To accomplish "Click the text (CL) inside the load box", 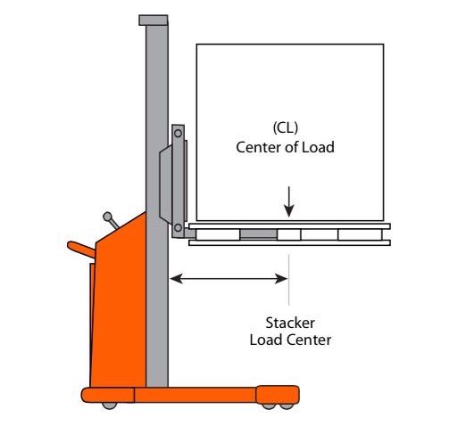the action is (285, 128).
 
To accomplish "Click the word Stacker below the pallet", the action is (290, 323).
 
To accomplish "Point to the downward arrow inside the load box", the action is (289, 201).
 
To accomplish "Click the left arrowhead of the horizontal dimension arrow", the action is (176, 279).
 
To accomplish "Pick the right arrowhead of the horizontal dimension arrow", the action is (281, 279).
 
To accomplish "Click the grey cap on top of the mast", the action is (154, 20).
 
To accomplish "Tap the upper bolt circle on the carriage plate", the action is (178, 134).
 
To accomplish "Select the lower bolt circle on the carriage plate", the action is (178, 228).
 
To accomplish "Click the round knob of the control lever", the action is (107, 217).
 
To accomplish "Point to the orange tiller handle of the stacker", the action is (81, 250).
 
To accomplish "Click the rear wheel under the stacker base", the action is (110, 406).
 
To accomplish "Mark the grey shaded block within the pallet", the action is (258, 234).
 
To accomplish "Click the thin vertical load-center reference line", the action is (288, 280).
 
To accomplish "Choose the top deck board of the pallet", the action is (289, 226).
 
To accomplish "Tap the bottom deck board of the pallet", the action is (289, 243).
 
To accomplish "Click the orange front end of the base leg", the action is (278, 395).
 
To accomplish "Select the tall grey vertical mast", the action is (157, 205).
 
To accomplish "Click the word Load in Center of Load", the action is (318, 147).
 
